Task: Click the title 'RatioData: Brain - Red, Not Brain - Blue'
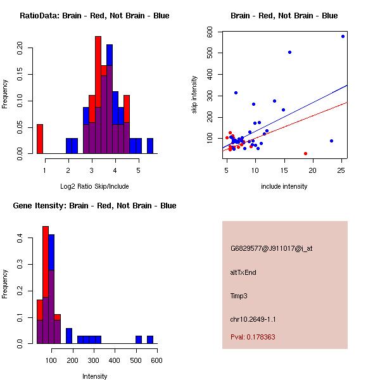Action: coord(94,16)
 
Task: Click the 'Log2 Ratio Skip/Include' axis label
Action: coord(94,186)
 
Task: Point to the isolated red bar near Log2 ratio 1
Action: coord(40,139)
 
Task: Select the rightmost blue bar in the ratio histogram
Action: coord(150,146)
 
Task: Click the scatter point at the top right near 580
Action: coord(343,37)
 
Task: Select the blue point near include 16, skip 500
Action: coord(289,52)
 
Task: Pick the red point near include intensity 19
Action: coord(305,153)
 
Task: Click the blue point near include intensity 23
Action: coord(331,141)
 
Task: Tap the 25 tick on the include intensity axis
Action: coord(341,170)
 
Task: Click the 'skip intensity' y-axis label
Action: coord(194,95)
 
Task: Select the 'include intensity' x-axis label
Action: coord(284,186)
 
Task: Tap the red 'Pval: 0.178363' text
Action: coord(262,338)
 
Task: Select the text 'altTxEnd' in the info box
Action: coord(243,272)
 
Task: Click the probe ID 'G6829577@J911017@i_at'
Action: coord(271,248)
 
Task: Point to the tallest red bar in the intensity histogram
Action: coord(46,285)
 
